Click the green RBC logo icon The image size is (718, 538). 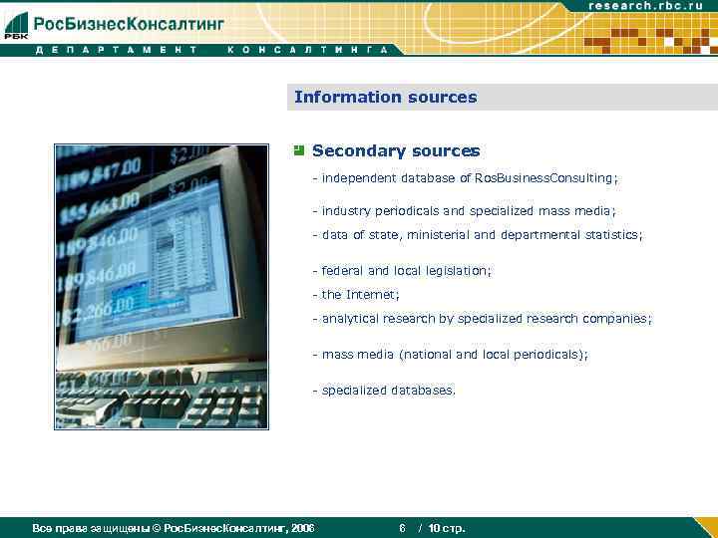(x=16, y=25)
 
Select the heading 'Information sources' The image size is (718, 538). (x=385, y=98)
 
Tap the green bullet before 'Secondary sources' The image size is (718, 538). (x=298, y=150)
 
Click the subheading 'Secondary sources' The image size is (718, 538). (x=396, y=151)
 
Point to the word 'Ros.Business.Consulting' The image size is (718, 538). (x=544, y=177)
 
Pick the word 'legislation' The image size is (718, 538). (x=456, y=271)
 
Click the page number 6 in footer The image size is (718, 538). (x=401, y=528)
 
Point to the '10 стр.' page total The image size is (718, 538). (x=447, y=528)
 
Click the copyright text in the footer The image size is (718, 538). (x=174, y=528)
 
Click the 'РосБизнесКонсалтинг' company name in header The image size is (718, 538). (x=130, y=23)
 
